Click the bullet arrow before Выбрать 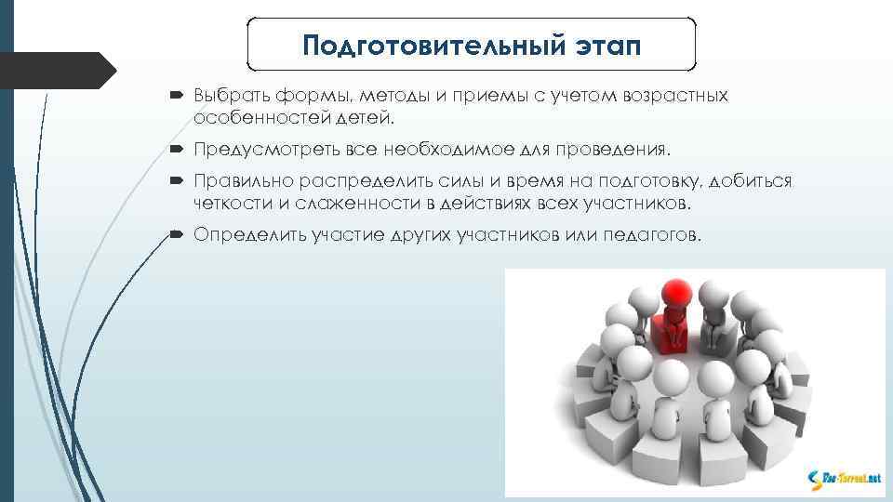click(178, 97)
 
